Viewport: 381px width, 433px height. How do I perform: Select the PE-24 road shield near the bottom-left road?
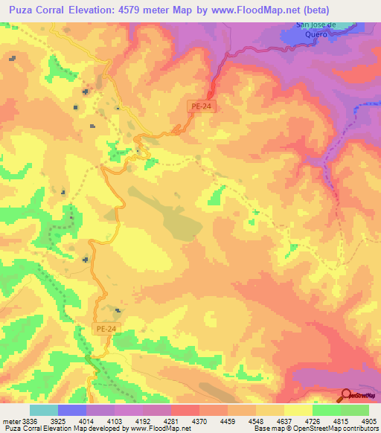click(106, 328)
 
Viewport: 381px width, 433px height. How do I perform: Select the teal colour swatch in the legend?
click(44, 410)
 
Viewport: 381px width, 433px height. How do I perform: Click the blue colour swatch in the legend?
click(72, 410)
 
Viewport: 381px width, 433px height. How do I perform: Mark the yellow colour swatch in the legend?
click(298, 410)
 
